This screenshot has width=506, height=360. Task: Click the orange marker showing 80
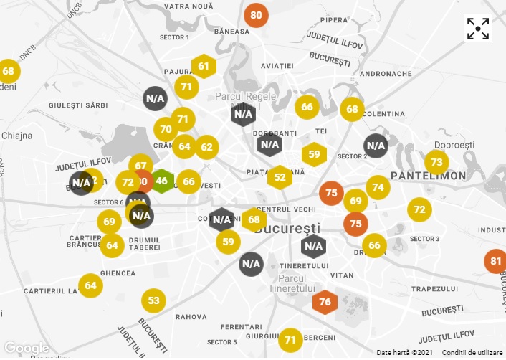256,14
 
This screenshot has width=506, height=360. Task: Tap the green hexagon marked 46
161,180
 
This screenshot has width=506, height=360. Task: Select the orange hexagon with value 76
325,302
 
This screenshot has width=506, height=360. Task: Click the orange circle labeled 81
495,260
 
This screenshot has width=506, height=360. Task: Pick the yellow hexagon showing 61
204,67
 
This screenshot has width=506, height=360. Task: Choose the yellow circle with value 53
153,300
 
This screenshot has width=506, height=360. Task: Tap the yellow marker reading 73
436,161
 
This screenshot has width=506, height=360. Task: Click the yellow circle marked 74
378,187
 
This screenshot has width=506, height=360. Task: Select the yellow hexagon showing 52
280,176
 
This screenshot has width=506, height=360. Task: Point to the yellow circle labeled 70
166,130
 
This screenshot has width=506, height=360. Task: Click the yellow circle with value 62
206,148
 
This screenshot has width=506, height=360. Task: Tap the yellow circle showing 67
141,165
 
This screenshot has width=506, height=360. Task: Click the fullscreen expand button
477,27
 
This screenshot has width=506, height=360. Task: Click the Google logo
26,348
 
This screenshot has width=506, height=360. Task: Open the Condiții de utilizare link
472,353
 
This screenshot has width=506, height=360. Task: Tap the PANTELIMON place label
429,176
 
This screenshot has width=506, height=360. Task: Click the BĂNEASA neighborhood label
231,32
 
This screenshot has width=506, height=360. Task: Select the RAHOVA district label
191,316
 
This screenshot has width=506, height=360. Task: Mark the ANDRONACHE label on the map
386,73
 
